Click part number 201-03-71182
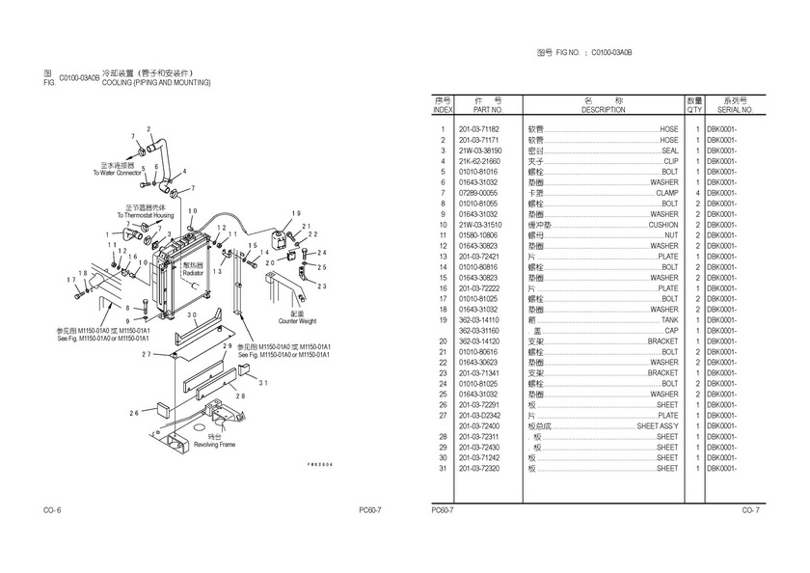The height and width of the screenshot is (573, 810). [x=478, y=128]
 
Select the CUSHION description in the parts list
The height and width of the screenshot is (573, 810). [x=662, y=224]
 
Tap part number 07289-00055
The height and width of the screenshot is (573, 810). [x=478, y=192]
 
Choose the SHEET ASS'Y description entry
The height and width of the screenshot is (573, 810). [x=658, y=425]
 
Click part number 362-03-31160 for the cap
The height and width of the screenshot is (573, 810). [x=478, y=330]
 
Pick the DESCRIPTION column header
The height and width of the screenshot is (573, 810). [x=604, y=110]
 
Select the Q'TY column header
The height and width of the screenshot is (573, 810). [x=694, y=110]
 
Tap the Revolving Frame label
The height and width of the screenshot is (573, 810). [x=214, y=446]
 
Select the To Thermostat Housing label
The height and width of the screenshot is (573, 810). [x=146, y=215]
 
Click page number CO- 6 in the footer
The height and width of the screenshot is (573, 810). [x=52, y=509]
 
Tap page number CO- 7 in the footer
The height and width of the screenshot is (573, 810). [x=750, y=509]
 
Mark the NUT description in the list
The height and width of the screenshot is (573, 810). [x=672, y=234]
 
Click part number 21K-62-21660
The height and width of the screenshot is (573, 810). [x=478, y=160]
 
